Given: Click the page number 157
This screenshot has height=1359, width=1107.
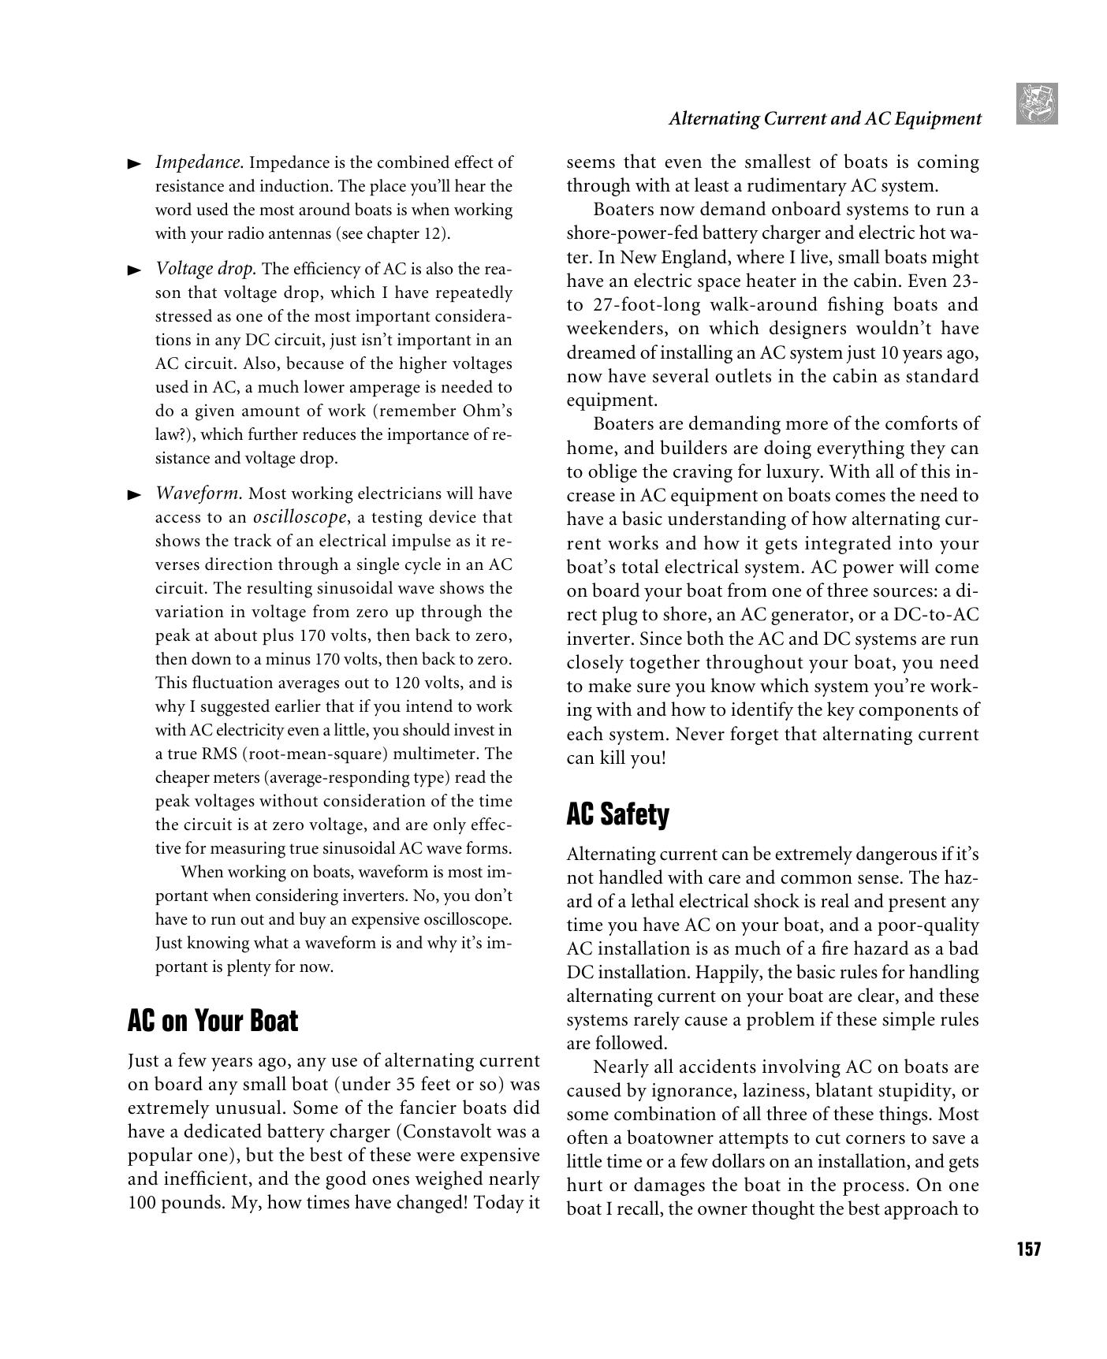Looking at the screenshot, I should click(x=1028, y=1249).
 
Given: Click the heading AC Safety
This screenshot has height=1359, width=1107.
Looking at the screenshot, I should click(x=617, y=814).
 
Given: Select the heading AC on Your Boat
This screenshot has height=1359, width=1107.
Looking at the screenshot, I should click(x=212, y=1021).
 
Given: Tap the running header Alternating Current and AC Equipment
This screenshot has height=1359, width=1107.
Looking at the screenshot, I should click(x=825, y=119).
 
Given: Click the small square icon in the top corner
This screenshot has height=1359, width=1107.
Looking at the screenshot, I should click(x=1037, y=103).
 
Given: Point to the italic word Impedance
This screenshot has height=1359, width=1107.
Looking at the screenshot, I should click(x=199, y=162).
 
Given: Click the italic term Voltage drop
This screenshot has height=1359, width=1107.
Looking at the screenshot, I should click(x=206, y=269).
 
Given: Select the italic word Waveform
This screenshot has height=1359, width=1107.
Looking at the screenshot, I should click(x=199, y=493).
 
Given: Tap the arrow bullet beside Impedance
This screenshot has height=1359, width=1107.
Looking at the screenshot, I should click(x=134, y=164).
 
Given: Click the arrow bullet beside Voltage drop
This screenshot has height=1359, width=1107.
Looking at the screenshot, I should click(x=134, y=270).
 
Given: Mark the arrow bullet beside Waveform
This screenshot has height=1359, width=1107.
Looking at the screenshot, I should click(x=134, y=495).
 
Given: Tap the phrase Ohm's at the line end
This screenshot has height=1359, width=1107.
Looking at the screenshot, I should click(x=486, y=411).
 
